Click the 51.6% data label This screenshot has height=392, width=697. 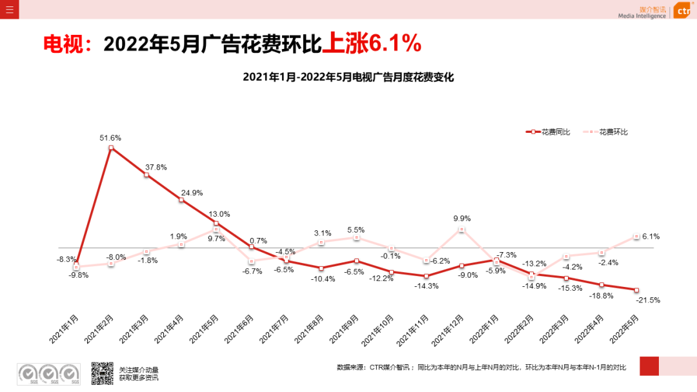[110, 138]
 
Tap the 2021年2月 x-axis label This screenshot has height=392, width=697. [99, 329]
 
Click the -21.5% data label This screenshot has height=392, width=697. [647, 300]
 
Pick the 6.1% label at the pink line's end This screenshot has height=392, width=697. [651, 237]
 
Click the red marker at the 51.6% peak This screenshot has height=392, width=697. [111, 148]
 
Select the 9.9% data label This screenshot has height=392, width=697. [462, 219]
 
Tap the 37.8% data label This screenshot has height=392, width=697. [156, 167]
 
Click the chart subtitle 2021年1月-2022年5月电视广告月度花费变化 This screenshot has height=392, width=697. [348, 77]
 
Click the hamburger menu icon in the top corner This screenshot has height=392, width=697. [9, 9]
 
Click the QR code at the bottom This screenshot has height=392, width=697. [102, 373]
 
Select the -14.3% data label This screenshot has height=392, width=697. [427, 286]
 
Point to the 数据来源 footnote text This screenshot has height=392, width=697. [481, 367]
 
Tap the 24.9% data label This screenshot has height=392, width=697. [192, 193]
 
